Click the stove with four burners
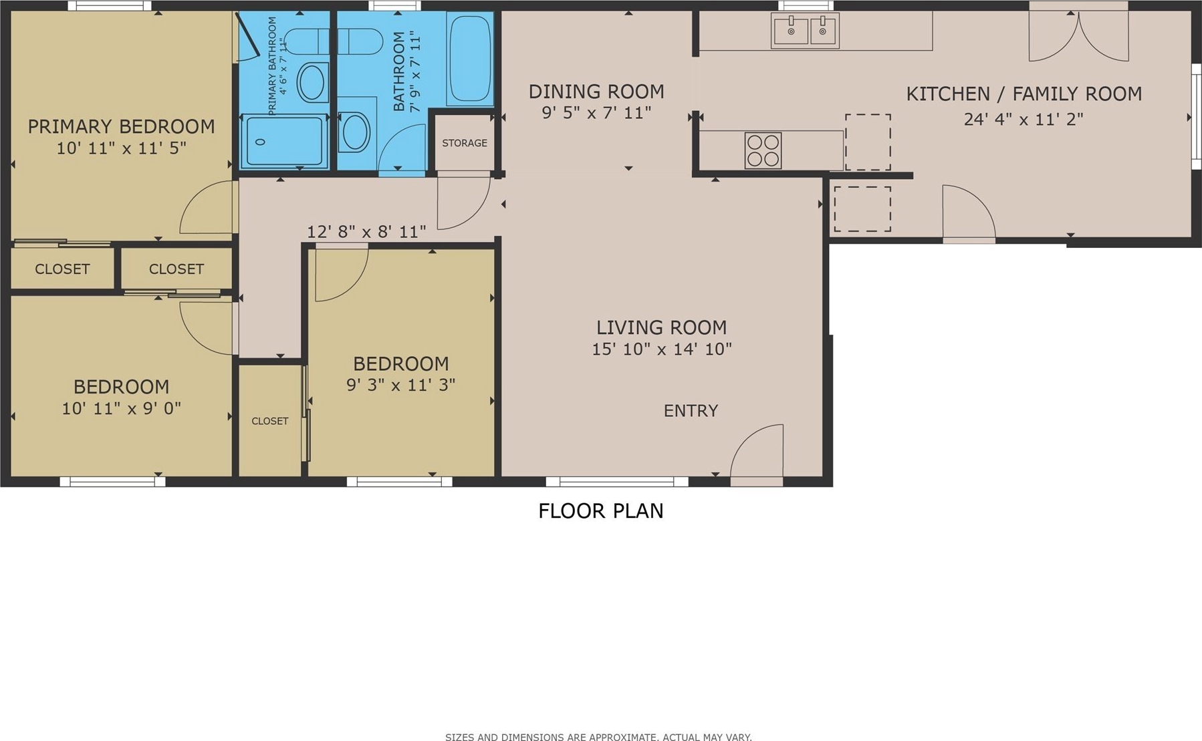click(763, 150)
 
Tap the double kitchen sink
click(805, 30)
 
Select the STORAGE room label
click(465, 143)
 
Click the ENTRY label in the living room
click(691, 410)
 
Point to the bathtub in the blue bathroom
click(470, 58)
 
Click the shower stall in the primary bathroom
click(285, 141)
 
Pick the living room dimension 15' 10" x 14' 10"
click(662, 349)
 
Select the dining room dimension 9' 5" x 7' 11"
click(596, 112)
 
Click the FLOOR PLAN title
click(601, 510)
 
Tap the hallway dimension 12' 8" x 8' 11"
click(366, 232)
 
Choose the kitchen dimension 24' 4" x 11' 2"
click(1024, 119)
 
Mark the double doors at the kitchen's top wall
click(1078, 36)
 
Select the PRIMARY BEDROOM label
click(121, 126)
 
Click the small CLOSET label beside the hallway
click(270, 421)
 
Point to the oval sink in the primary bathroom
click(312, 83)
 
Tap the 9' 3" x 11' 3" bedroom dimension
click(401, 385)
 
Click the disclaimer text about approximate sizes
click(598, 737)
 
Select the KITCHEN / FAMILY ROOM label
click(1024, 94)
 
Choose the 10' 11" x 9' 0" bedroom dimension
click(122, 408)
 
